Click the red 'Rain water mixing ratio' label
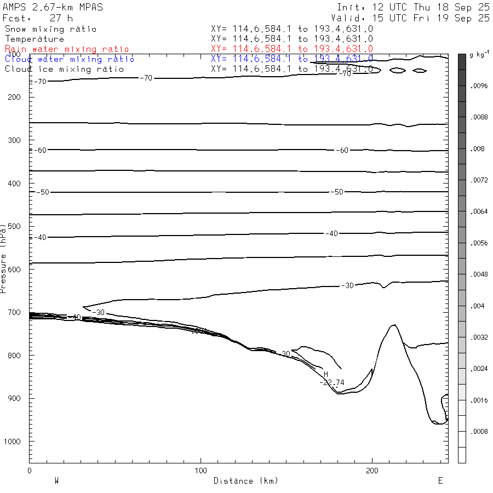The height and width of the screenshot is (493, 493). click(x=67, y=49)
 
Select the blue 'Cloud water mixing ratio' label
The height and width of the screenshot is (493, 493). click(x=70, y=59)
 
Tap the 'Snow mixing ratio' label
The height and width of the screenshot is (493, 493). click(x=50, y=29)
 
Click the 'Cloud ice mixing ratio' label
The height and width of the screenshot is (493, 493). click(x=64, y=69)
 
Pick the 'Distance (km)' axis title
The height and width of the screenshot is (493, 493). click(x=245, y=481)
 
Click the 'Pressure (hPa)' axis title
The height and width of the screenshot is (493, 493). click(x=4, y=257)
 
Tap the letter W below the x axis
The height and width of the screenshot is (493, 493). click(x=56, y=481)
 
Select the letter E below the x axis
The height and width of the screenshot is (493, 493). click(x=440, y=481)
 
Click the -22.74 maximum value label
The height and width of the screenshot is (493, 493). click(x=332, y=382)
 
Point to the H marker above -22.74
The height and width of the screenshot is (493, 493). click(x=326, y=374)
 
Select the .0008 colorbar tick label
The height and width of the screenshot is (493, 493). click(x=479, y=432)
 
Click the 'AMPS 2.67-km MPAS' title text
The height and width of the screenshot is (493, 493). click(x=53, y=8)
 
